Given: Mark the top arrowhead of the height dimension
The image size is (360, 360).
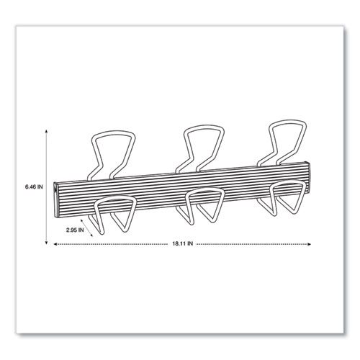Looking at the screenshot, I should click(x=49, y=131).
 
